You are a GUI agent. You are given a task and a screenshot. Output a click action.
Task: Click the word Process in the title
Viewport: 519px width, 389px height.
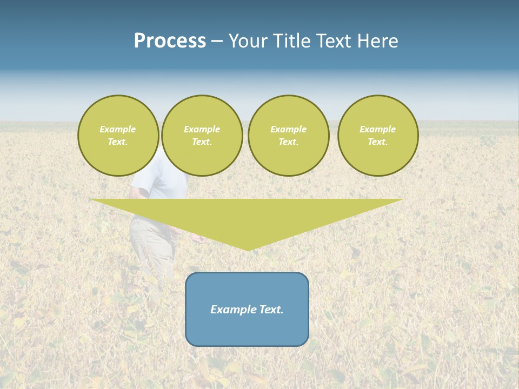pyautogui.click(x=170, y=41)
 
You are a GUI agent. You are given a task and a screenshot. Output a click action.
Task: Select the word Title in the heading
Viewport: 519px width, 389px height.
pyautogui.click(x=295, y=41)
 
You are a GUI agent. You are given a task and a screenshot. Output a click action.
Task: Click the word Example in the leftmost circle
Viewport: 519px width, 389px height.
pyautogui.click(x=118, y=129)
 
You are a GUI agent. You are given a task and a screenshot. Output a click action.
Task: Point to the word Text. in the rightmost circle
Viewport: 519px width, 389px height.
pyautogui.click(x=377, y=142)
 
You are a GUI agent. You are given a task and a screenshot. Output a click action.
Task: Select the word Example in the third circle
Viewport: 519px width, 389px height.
pyautogui.click(x=288, y=129)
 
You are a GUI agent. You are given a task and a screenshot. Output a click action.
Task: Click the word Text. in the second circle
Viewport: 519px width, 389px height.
pyautogui.click(x=202, y=142)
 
